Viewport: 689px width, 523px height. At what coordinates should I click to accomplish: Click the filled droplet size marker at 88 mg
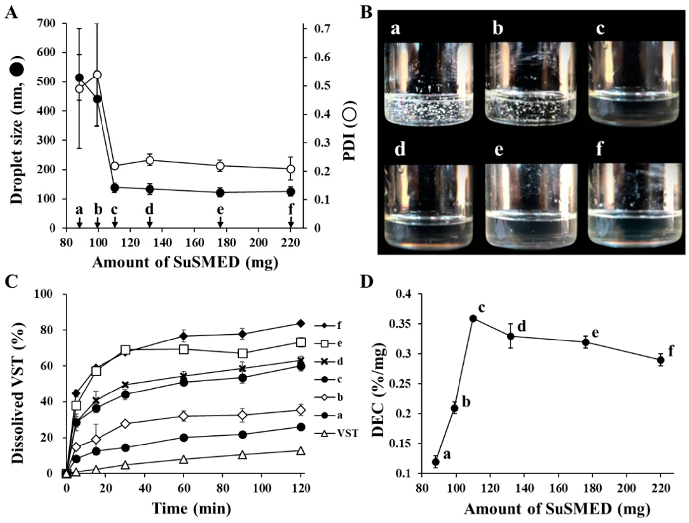pyautogui.click(x=79, y=78)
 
